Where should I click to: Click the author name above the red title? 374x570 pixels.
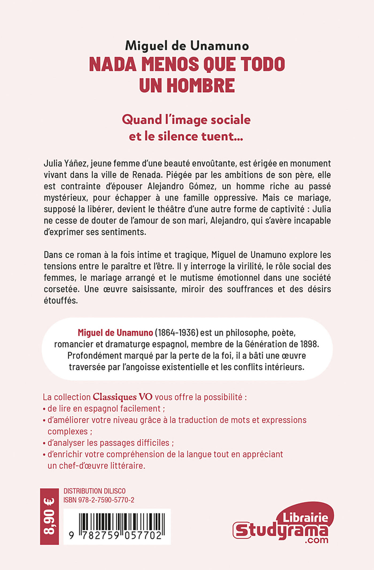click(187, 46)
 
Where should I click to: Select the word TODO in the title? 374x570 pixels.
click(263, 64)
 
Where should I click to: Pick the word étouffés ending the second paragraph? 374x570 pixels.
click(61, 301)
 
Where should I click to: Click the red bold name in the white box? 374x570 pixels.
click(115, 333)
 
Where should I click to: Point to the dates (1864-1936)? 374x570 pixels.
click(177, 333)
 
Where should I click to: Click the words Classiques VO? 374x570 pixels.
click(123, 397)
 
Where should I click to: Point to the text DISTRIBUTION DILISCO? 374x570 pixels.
click(94, 491)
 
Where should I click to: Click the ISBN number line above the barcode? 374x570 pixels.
click(99, 500)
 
